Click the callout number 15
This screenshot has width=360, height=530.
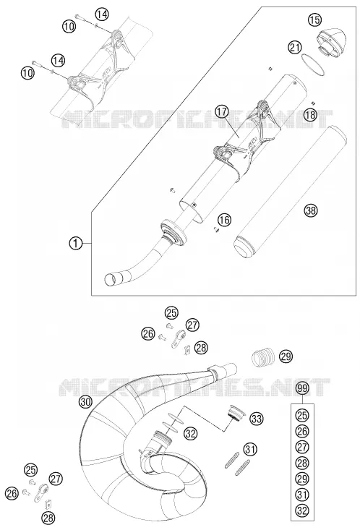[x=314, y=20]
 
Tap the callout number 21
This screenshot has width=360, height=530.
[x=296, y=47]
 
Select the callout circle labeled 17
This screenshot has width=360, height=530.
[x=222, y=112]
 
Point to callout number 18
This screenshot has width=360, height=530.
[x=310, y=115]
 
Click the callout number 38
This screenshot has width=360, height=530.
[x=311, y=210]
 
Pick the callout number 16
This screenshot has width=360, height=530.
[x=224, y=220]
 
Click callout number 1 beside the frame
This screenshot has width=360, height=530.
[x=76, y=243]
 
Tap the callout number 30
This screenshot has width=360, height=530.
[x=86, y=402]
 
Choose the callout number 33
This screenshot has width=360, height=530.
[x=257, y=419]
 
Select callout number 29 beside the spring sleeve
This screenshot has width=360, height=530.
[x=286, y=356]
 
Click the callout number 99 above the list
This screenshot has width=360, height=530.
[x=303, y=389]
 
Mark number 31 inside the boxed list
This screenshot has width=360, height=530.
[x=303, y=495]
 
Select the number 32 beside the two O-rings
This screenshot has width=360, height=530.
[x=191, y=433]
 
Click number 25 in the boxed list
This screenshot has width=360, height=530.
[x=303, y=415]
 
